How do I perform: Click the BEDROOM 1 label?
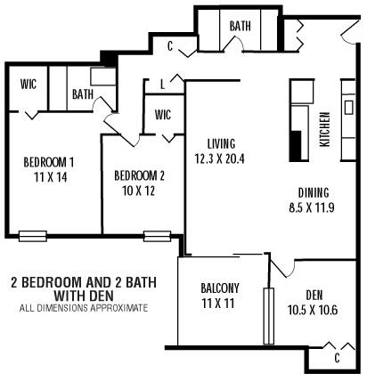click(x=48, y=162)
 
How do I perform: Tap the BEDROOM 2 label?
click(x=140, y=175)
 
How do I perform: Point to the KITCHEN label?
click(x=325, y=128)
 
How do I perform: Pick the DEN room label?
click(x=314, y=296)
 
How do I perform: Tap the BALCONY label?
click(x=219, y=288)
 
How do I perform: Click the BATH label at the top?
click(x=240, y=27)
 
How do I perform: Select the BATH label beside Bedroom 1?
click(x=83, y=93)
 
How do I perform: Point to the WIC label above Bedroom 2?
click(x=163, y=114)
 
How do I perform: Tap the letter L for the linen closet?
click(x=161, y=85)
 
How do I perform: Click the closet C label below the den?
click(x=337, y=358)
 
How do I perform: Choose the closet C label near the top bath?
click(x=169, y=45)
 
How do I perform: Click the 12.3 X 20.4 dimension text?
click(x=219, y=158)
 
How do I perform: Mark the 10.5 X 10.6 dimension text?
click(x=313, y=311)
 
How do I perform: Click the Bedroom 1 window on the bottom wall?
click(x=32, y=236)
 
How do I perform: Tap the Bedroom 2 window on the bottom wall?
click(x=157, y=236)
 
